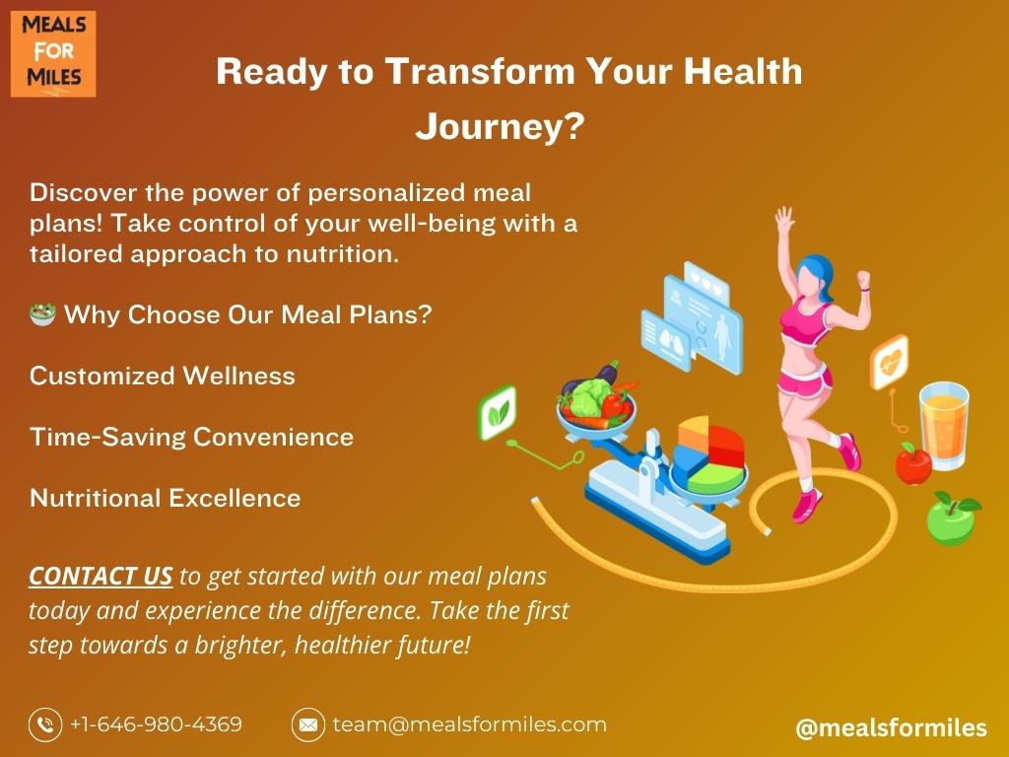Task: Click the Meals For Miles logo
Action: point(53,54)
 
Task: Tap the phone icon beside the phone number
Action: point(45,724)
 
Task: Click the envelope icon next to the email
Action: point(308,724)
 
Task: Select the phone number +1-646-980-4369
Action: point(156,724)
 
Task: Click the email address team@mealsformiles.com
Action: point(469,724)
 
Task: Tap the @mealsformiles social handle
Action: point(891,727)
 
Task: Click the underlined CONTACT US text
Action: point(101,576)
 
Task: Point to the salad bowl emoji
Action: point(42,314)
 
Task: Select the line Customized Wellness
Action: point(163,376)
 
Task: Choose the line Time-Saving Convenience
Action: point(192,437)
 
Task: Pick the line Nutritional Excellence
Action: point(165,498)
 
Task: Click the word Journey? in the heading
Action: point(500,126)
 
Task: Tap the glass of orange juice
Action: point(944,425)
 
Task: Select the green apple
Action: point(952,518)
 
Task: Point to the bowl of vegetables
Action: point(596,400)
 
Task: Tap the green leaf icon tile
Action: point(498,413)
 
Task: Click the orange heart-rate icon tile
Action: point(890,363)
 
